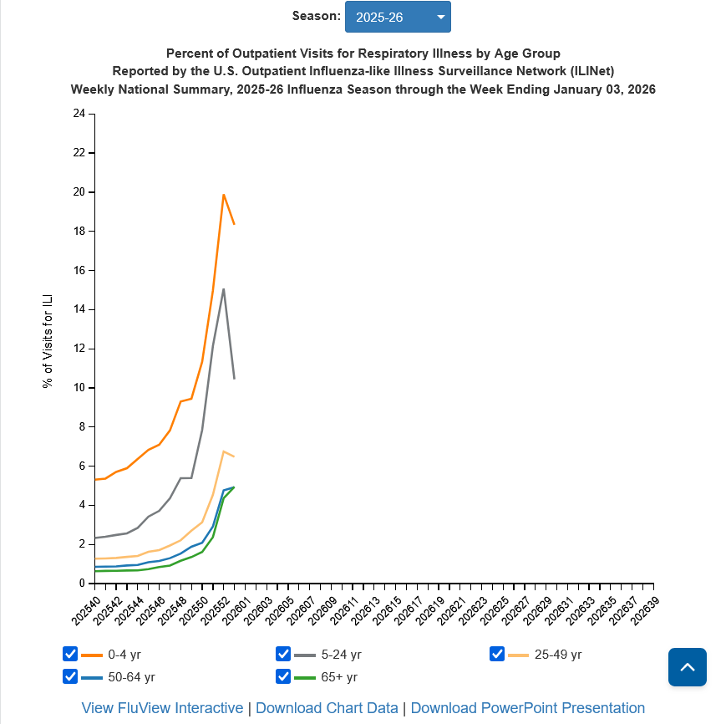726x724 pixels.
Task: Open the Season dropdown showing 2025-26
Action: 398,17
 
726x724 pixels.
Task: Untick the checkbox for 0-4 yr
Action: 70,654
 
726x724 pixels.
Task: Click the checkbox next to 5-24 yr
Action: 283,654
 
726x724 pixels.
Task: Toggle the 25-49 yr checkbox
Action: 497,654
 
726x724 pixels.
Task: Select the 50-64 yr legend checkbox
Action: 70,676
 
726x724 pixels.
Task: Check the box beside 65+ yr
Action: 283,676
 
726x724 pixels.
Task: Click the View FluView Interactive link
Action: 162,708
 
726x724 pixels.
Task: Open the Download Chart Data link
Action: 327,708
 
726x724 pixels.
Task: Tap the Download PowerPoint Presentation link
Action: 528,708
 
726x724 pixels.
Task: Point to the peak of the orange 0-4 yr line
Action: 223,195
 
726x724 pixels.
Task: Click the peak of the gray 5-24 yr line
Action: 223,289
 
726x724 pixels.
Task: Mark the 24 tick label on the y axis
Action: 79,114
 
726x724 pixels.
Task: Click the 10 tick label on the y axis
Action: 79,387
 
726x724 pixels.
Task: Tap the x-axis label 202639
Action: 644,608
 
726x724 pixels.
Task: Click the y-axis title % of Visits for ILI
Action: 48,341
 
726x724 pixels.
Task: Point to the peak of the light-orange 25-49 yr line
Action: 223,451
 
